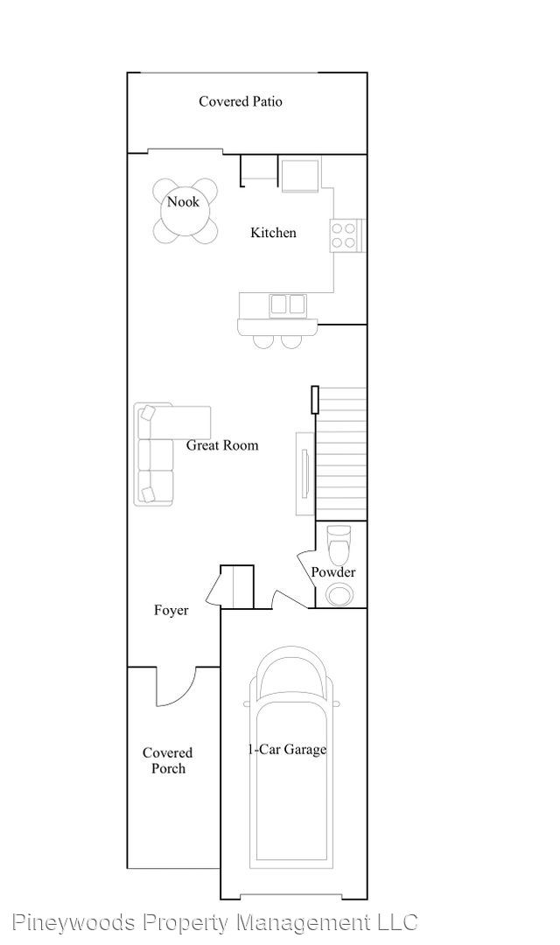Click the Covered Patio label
point(241,101)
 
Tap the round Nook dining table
point(183,210)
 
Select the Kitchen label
point(273,232)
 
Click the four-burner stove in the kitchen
point(344,235)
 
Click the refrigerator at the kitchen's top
point(299,174)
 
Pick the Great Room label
point(222,445)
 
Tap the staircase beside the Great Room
point(341,454)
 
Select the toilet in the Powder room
point(338,543)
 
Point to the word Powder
point(333,572)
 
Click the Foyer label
point(171,611)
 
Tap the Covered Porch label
point(168,760)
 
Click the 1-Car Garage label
point(287,750)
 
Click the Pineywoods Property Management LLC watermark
point(214,922)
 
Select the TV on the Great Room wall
point(306,472)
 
